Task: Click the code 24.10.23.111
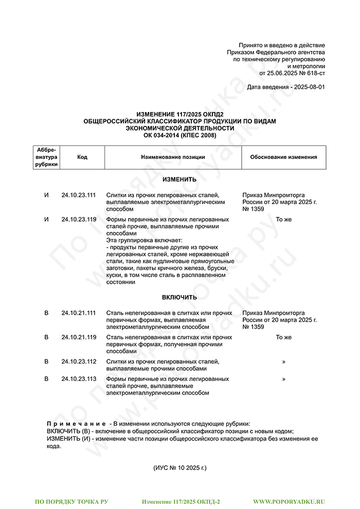(79, 195)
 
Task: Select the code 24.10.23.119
(79, 220)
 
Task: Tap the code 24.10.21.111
(79, 313)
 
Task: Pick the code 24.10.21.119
(79, 337)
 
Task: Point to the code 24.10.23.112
(79, 361)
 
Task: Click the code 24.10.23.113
(79, 379)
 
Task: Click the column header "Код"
(82, 157)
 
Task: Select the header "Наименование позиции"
(173, 157)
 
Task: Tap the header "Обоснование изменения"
(283, 157)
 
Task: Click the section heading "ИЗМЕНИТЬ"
(179, 180)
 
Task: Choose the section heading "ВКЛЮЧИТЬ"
(179, 298)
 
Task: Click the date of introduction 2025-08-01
(309, 87)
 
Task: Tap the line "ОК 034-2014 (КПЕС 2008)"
(179, 135)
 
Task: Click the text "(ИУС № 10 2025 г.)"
(179, 468)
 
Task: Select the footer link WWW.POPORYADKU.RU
(289, 501)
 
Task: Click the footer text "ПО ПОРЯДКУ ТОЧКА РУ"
(71, 501)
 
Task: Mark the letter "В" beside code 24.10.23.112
(47, 361)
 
